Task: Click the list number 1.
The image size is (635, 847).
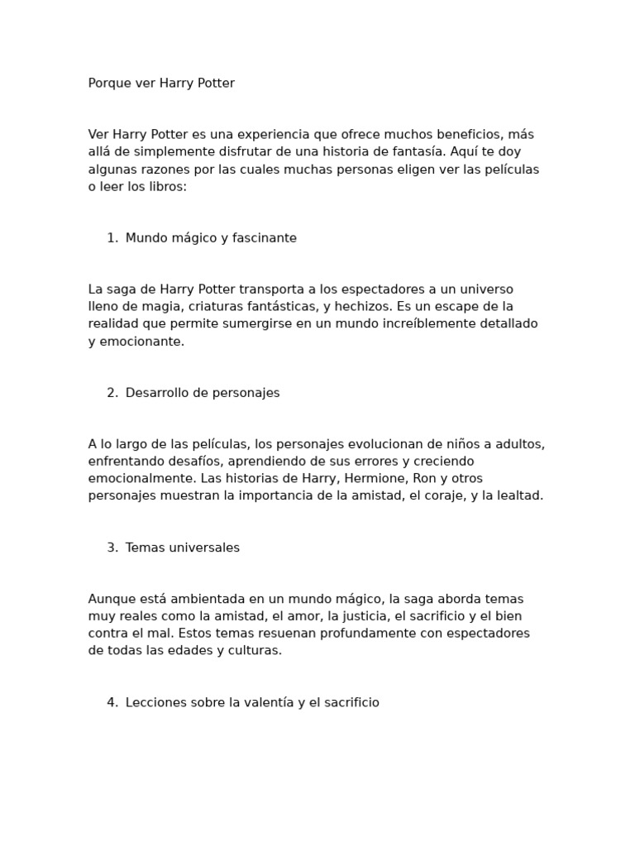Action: click(111, 238)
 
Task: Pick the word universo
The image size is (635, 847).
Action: click(483, 290)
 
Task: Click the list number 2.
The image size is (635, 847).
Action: click(111, 393)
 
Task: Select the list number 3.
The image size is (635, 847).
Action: click(111, 548)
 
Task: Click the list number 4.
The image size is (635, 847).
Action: click(111, 702)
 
